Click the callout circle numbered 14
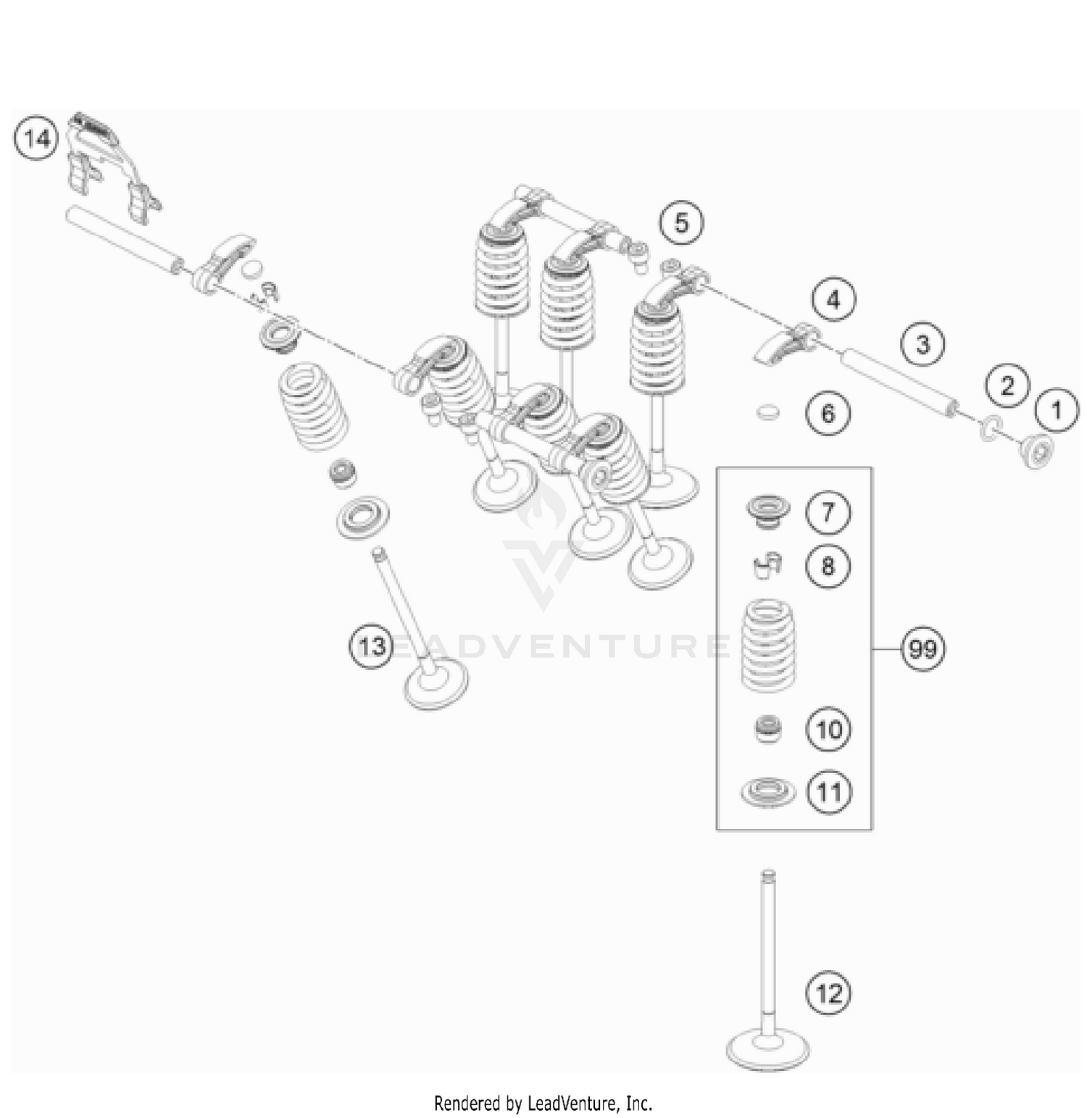37,138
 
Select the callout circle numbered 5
681,222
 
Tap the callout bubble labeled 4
833,299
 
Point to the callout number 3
923,343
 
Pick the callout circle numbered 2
1007,385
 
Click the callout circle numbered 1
1057,410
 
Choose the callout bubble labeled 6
828,414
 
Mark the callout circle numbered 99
923,648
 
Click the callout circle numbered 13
372,645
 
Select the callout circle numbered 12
829,993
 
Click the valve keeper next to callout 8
767,566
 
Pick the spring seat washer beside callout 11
767,791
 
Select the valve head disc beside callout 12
767,1049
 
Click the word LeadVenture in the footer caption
572,1103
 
